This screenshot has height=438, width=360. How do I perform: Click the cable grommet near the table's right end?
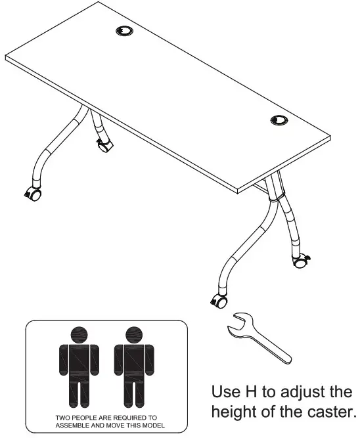point(279,120)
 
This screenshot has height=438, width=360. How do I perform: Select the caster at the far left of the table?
point(32,194)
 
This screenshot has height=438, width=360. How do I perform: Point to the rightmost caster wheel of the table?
point(302,262)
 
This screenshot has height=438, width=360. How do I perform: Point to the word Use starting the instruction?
point(223,393)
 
